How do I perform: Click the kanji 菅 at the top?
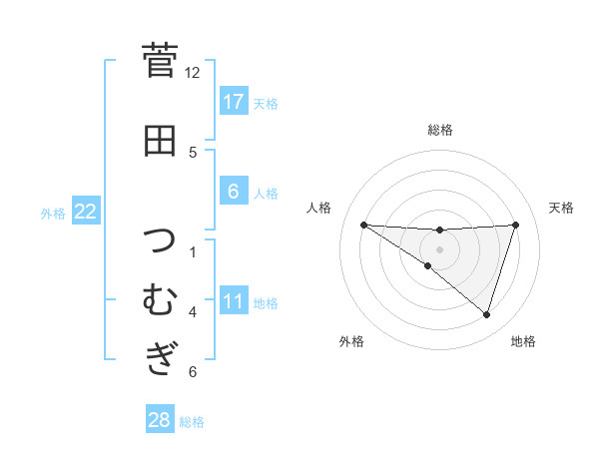tap(159, 60)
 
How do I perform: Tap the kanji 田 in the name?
tap(159, 141)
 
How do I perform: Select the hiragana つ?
tap(160, 242)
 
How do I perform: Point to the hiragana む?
tap(159, 299)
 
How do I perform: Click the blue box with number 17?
tap(233, 102)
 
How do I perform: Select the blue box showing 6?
tap(233, 192)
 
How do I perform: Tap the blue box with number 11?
tap(233, 301)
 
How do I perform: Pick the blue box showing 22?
tap(86, 211)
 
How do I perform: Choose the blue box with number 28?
tap(160, 420)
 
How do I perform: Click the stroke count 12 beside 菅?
tap(193, 72)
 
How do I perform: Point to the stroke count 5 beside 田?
tap(193, 152)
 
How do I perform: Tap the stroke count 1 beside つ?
tap(193, 251)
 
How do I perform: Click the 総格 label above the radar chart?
tap(439, 130)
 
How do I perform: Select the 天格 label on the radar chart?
tap(562, 208)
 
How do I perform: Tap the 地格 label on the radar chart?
tap(523, 341)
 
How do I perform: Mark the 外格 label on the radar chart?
tap(351, 341)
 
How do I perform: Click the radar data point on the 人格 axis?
tap(363, 225)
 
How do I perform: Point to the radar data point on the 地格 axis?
tap(486, 314)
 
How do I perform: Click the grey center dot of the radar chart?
tap(439, 247)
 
